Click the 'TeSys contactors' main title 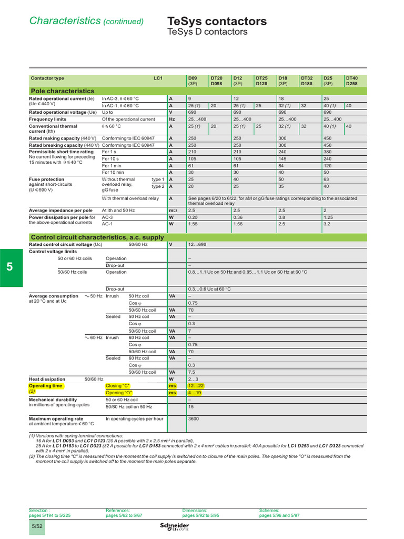coord(217,21)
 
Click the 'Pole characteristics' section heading coord(63,91)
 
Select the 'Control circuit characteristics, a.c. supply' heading coord(98,237)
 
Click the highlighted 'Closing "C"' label coord(118,386)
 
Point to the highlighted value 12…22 coord(196,386)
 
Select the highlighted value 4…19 coord(195,393)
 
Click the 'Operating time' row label coord(45,386)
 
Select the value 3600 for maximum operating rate coord(194,419)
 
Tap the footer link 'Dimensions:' coord(195,511)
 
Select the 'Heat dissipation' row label coord(47,379)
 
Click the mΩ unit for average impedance coord(171,210)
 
